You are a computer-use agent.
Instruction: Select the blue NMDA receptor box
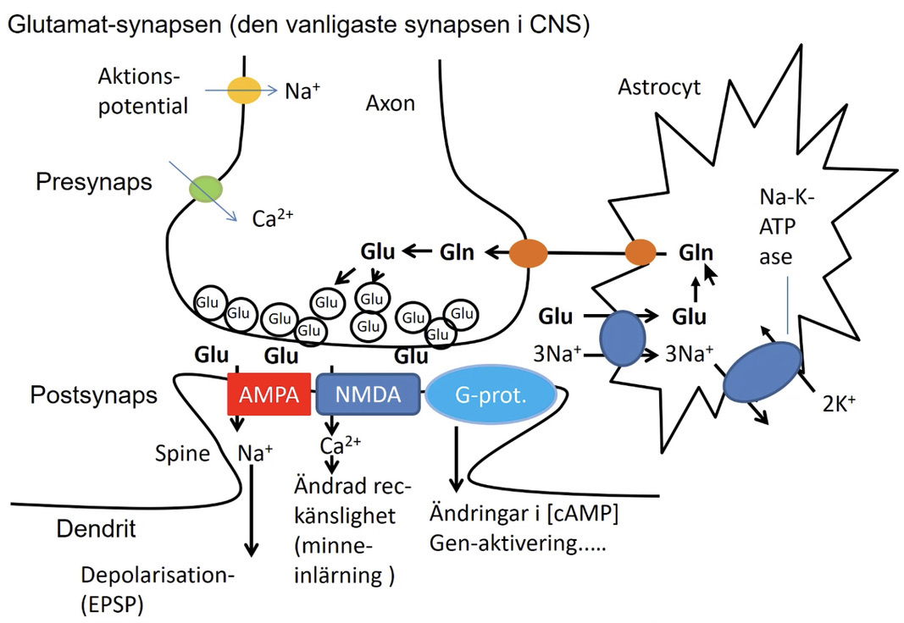coord(368,394)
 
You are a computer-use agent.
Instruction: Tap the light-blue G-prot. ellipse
coord(491,395)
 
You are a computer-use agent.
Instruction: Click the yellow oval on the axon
coord(243,91)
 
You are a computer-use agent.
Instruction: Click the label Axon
coord(391,103)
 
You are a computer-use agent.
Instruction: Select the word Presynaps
coord(94,182)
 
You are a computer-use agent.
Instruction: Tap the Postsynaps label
coord(94,394)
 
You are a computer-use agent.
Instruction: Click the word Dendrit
coord(96,531)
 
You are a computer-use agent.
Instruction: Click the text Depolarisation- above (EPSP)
coord(157,575)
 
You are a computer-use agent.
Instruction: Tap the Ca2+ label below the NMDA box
coord(337,445)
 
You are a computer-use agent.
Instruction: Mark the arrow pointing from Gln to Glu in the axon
coord(416,251)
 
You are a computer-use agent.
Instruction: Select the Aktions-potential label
coord(141,91)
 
